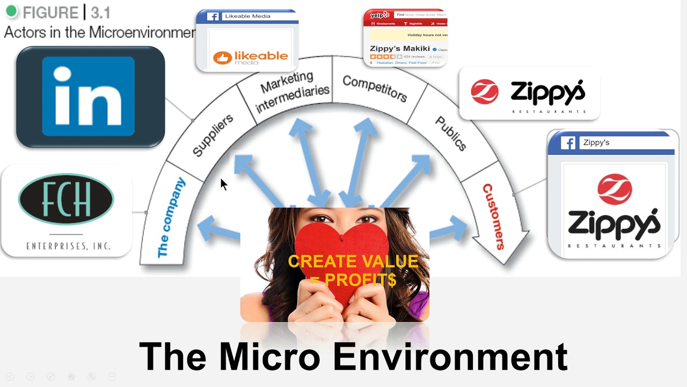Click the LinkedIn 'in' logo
tap(89, 96)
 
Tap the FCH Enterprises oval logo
tap(66, 199)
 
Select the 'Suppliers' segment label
tap(213, 135)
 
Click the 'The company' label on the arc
tap(171, 218)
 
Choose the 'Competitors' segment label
tap(375, 88)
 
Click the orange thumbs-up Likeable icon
tap(222, 58)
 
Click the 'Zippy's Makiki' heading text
tap(400, 48)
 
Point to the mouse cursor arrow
tap(223, 184)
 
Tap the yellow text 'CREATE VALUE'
tap(353, 262)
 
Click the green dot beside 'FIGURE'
tap(11, 11)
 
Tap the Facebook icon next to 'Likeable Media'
tap(214, 16)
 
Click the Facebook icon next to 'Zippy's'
tap(568, 143)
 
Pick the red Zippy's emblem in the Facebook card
tap(615, 189)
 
